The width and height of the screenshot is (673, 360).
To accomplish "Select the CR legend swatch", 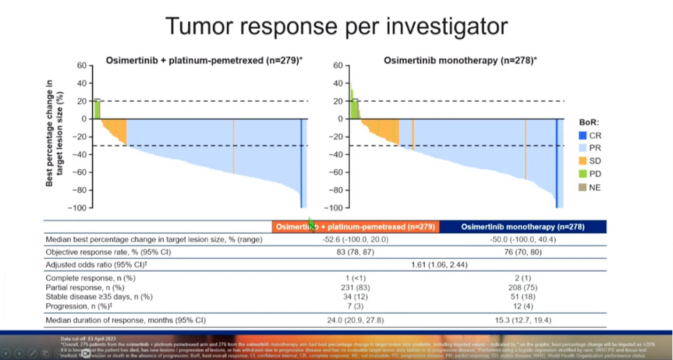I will click(x=582, y=135).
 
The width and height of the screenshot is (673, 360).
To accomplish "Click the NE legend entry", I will click(x=582, y=187).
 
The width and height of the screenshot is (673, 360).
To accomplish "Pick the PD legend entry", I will click(x=582, y=174).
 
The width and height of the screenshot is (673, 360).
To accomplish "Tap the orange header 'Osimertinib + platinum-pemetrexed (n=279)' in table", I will click(x=355, y=227).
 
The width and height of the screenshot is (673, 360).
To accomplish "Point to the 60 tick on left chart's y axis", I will click(x=80, y=65).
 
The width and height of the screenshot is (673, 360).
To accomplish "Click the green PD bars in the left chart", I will click(x=97, y=109).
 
